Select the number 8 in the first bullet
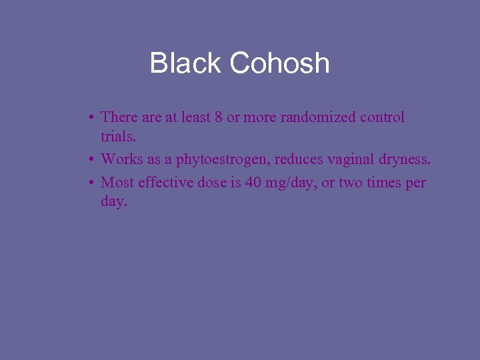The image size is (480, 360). point(218,117)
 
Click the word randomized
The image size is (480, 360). point(318,117)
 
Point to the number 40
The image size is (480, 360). point(253,183)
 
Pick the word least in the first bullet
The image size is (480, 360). point(196,117)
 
